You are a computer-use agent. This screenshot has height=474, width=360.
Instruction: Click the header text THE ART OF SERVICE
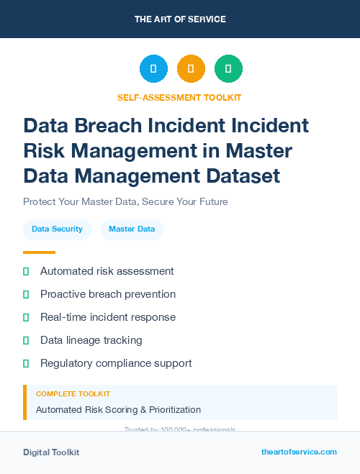click(x=180, y=19)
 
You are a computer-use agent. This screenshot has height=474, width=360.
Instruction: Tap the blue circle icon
click(x=153, y=69)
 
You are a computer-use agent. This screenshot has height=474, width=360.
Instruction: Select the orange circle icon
click(x=191, y=69)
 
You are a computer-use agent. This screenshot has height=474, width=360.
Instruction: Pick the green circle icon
click(x=228, y=69)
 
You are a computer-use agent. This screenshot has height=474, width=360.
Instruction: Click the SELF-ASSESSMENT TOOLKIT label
click(x=179, y=97)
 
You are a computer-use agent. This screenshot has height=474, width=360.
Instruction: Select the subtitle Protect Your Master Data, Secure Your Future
click(x=125, y=201)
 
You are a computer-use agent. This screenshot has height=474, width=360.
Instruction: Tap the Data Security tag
click(x=58, y=229)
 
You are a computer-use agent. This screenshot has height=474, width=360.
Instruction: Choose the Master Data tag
click(x=132, y=229)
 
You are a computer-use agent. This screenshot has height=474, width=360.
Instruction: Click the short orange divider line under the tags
click(x=39, y=252)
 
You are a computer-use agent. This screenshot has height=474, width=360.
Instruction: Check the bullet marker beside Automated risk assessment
click(x=26, y=272)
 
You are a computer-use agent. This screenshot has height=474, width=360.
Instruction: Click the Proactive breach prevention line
click(x=108, y=294)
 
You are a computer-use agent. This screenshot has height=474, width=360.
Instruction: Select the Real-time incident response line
click(x=108, y=317)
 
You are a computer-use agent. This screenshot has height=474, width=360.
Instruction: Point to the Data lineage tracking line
click(x=91, y=340)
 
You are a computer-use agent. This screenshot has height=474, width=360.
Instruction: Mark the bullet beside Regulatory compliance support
click(x=26, y=363)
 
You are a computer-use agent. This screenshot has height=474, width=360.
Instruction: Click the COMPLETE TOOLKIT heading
click(x=73, y=394)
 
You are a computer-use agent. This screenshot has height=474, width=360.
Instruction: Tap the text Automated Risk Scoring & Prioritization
click(x=118, y=410)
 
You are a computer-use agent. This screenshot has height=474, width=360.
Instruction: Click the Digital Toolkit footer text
click(x=51, y=452)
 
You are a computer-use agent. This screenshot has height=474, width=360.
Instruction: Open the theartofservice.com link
click(x=299, y=452)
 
